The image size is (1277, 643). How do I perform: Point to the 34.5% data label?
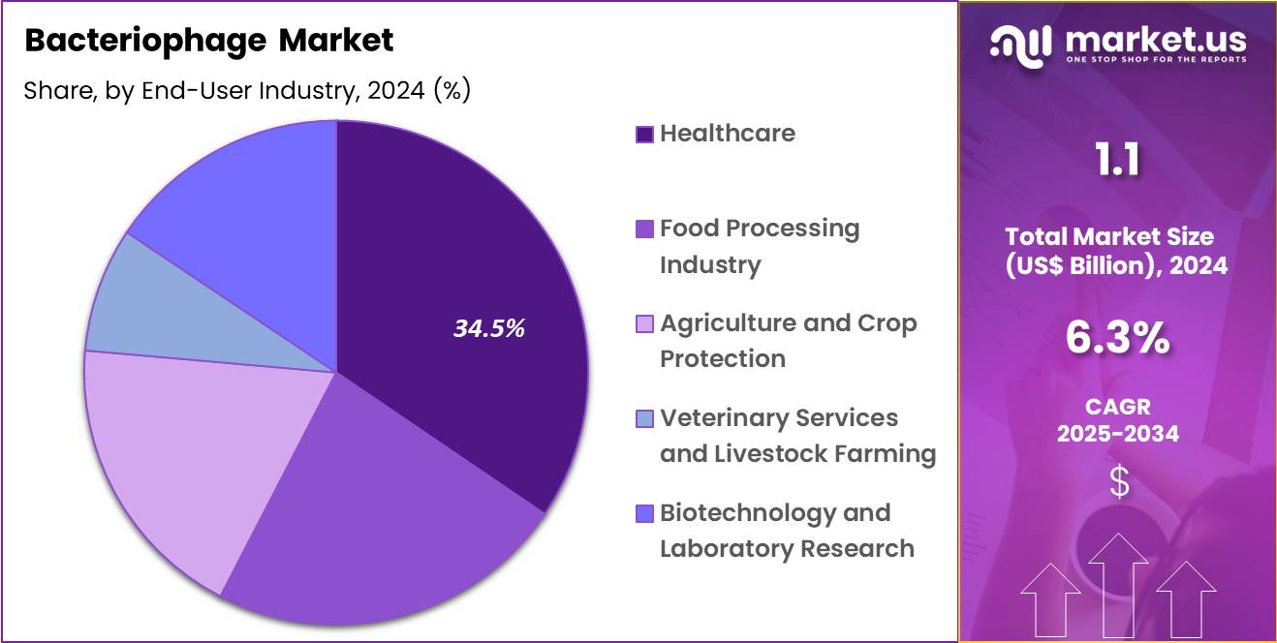click(489, 328)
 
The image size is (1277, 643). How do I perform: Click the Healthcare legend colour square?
click(644, 135)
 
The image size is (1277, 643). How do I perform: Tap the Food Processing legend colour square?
click(644, 230)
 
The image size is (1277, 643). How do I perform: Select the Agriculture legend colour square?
click(644, 324)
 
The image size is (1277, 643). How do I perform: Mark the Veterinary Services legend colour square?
click(644, 419)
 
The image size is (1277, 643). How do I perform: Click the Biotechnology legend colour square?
click(644, 514)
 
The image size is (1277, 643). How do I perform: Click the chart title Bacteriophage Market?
click(209, 41)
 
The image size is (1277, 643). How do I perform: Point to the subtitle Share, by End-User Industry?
click(247, 90)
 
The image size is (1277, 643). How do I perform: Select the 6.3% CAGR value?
click(1117, 339)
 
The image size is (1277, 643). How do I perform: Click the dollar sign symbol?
click(1118, 481)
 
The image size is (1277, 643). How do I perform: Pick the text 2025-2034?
click(1117, 433)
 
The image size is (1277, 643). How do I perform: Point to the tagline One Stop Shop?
click(1155, 59)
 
